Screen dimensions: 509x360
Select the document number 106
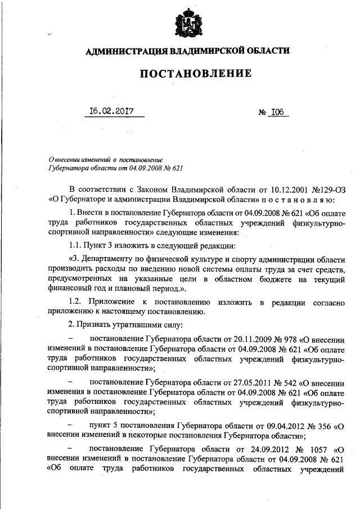tap(277, 111)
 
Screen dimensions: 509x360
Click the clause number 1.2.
tap(75, 303)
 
